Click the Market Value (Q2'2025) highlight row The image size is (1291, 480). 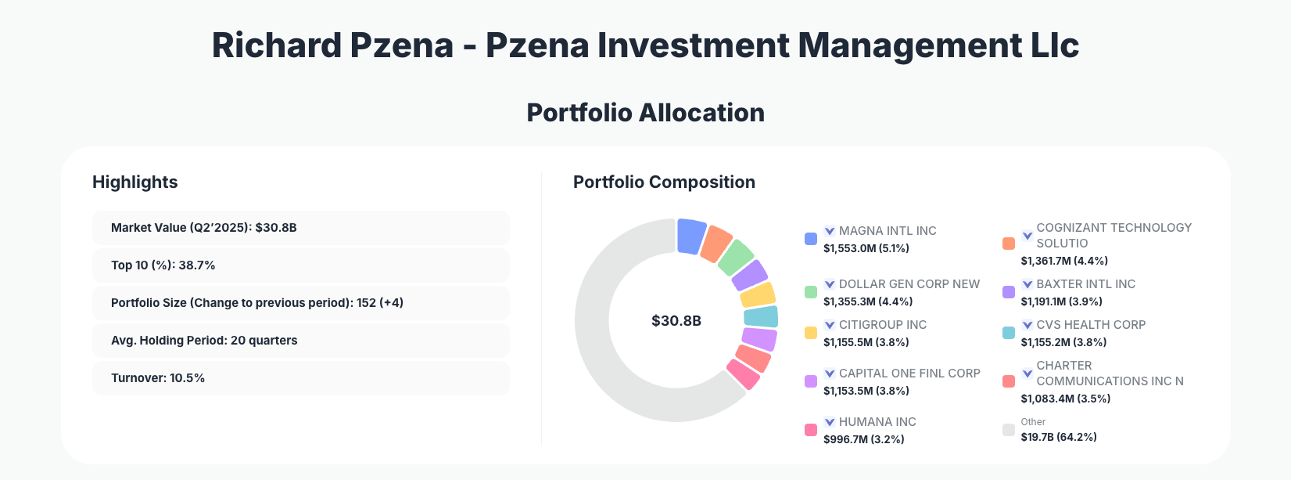300,228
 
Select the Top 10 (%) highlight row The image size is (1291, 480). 300,265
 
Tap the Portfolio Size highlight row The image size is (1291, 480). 300,303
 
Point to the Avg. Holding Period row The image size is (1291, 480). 300,341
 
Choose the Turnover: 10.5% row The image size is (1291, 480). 300,378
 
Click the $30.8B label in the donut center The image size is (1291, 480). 676,321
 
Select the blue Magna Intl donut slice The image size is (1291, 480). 690,236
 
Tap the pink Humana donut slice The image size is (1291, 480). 744,374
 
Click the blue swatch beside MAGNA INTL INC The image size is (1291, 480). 811,239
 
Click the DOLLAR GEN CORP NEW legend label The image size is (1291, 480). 909,284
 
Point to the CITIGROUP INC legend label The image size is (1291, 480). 882,325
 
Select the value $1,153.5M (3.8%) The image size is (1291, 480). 866,391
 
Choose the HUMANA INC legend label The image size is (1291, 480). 877,422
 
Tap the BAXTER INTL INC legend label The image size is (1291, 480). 1085,284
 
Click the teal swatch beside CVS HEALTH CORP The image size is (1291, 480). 1009,333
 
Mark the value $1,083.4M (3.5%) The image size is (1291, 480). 1065,399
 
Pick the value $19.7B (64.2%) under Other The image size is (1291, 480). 1058,437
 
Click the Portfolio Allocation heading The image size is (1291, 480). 645,113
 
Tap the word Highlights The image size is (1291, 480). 135,182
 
